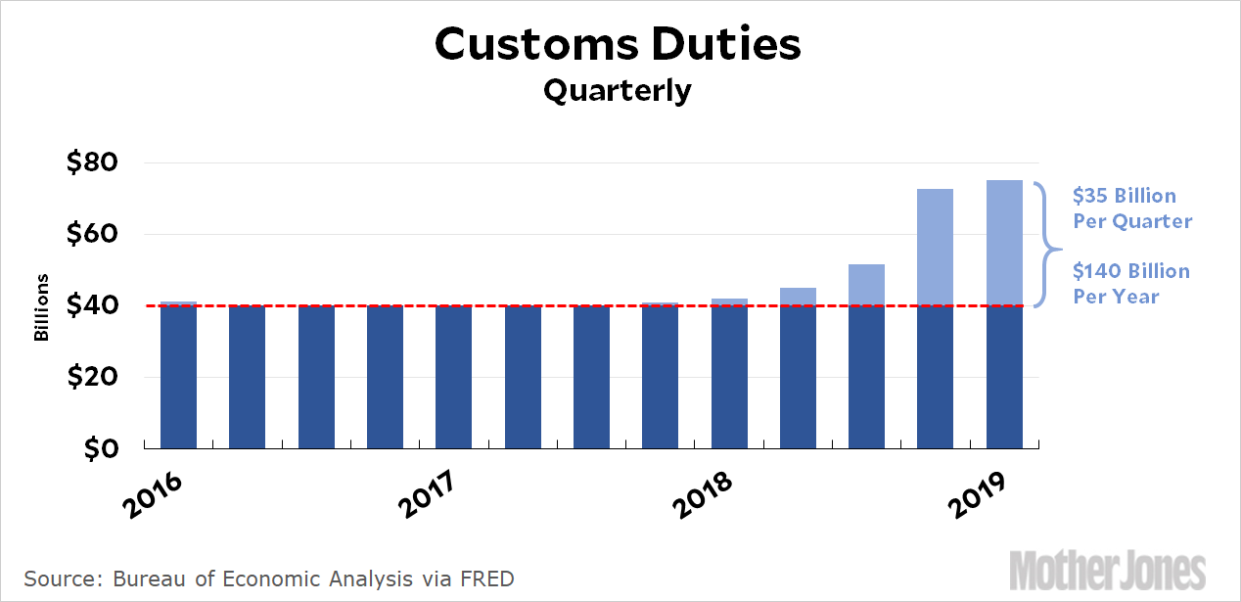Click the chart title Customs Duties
(x=618, y=44)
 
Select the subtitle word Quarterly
(x=618, y=91)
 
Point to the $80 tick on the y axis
(x=92, y=162)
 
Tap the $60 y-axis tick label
(x=92, y=234)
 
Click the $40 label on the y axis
(x=92, y=306)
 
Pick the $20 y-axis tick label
(x=92, y=378)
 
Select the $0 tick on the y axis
(x=100, y=449)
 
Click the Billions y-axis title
(x=41, y=306)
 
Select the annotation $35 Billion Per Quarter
(x=1132, y=208)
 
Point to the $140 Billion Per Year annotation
(x=1131, y=283)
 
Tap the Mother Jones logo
(x=1107, y=570)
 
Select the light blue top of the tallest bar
(x=1004, y=243)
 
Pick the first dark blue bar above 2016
(x=178, y=376)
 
